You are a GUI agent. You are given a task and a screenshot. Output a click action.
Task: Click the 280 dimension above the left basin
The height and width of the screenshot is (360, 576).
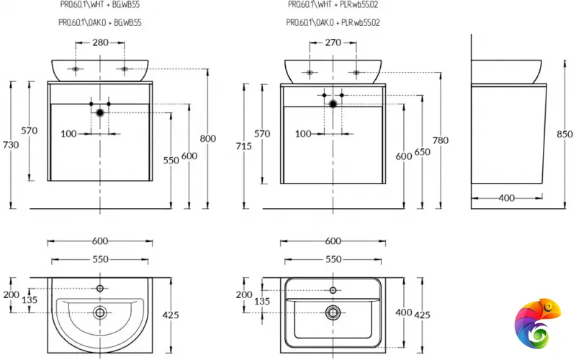pos(101,42)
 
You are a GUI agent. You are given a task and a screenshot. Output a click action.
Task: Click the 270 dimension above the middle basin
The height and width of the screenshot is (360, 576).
pos(333,42)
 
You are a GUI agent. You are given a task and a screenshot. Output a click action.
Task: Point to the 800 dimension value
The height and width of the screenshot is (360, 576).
pos(208,139)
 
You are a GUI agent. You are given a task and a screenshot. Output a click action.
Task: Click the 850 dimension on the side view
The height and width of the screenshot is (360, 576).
pos(564,133)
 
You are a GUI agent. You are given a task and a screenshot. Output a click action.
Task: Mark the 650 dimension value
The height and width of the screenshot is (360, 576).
pos(423,153)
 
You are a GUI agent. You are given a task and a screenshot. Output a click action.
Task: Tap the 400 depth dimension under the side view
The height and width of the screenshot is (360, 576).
pos(507,197)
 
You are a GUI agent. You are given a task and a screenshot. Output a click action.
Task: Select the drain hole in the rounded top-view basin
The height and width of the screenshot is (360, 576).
pos(101,312)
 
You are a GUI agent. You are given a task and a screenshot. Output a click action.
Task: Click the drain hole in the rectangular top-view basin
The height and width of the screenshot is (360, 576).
pos(333,312)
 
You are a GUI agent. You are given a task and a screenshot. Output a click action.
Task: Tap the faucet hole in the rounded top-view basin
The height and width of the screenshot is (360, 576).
pos(101,289)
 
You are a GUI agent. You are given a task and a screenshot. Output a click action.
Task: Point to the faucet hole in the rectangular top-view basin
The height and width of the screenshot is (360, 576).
pos(333,290)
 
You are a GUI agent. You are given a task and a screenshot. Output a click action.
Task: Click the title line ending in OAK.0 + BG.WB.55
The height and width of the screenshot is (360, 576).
pos(99,22)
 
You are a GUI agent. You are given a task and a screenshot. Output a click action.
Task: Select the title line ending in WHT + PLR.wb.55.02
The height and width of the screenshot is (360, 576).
pos(333,4)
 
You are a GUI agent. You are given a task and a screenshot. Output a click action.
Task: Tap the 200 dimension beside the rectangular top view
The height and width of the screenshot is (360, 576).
pos(244,294)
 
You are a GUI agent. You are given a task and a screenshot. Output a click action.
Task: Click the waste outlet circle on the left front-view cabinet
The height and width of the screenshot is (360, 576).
pos(100,112)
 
